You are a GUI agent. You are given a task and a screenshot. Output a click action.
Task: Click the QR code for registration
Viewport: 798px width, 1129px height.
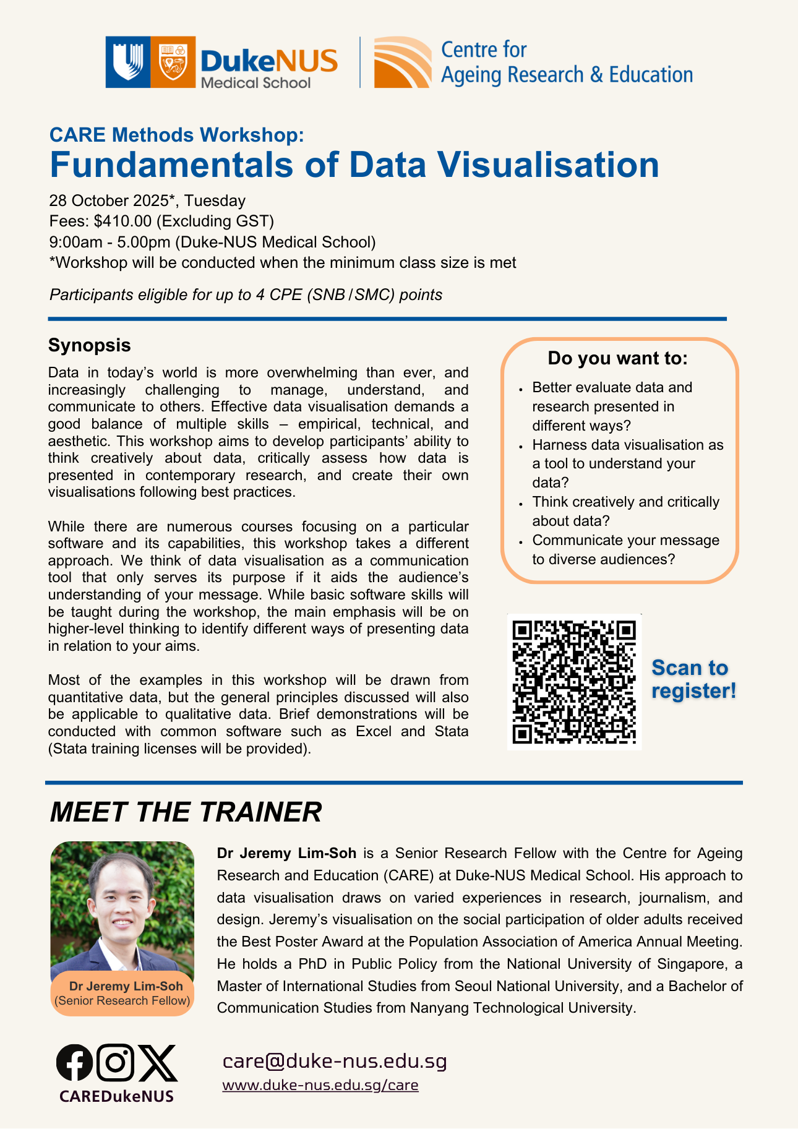click(574, 682)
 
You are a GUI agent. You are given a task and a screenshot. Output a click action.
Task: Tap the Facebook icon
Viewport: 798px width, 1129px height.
click(74, 1062)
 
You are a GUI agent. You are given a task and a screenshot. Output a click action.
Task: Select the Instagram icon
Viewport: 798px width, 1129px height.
click(116, 1062)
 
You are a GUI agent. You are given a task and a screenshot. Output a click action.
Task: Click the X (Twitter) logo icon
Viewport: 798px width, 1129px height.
click(157, 1062)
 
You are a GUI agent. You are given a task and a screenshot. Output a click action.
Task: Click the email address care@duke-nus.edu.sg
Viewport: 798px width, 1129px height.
click(334, 1061)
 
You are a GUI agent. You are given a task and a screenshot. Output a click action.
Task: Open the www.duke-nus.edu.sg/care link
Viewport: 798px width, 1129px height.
click(320, 1085)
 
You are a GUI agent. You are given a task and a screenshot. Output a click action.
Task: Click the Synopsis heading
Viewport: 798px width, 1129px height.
click(90, 345)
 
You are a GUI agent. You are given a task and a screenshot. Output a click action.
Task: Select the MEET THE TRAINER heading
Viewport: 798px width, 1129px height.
click(186, 812)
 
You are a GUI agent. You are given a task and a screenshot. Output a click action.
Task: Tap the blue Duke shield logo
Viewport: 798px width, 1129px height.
click(127, 62)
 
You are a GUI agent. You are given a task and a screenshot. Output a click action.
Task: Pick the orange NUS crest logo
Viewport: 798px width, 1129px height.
click(173, 62)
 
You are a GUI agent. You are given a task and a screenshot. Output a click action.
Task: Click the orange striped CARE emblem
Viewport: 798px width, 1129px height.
click(402, 62)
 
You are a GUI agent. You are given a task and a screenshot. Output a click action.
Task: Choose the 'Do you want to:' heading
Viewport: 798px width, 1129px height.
click(617, 358)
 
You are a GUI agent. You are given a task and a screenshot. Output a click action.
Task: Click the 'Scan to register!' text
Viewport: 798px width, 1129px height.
click(693, 679)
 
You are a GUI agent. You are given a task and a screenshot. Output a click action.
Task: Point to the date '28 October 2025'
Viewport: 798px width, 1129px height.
click(109, 200)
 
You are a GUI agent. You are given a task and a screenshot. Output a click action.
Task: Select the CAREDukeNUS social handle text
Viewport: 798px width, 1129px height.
click(116, 1096)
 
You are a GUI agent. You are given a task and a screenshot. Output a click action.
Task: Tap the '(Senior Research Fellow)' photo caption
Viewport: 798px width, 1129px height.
click(122, 1000)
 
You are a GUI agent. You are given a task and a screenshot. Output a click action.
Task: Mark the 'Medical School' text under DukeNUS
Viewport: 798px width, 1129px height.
click(255, 83)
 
